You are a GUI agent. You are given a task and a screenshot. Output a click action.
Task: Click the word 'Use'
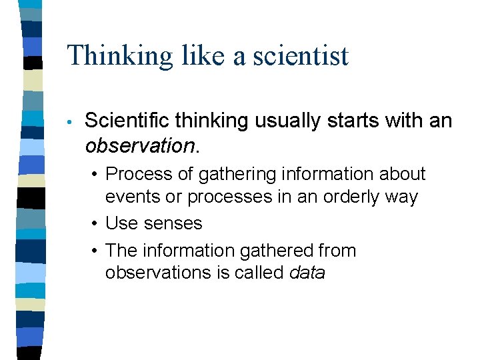(x=121, y=223)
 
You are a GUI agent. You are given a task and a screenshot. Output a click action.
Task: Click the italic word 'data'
(x=307, y=273)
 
